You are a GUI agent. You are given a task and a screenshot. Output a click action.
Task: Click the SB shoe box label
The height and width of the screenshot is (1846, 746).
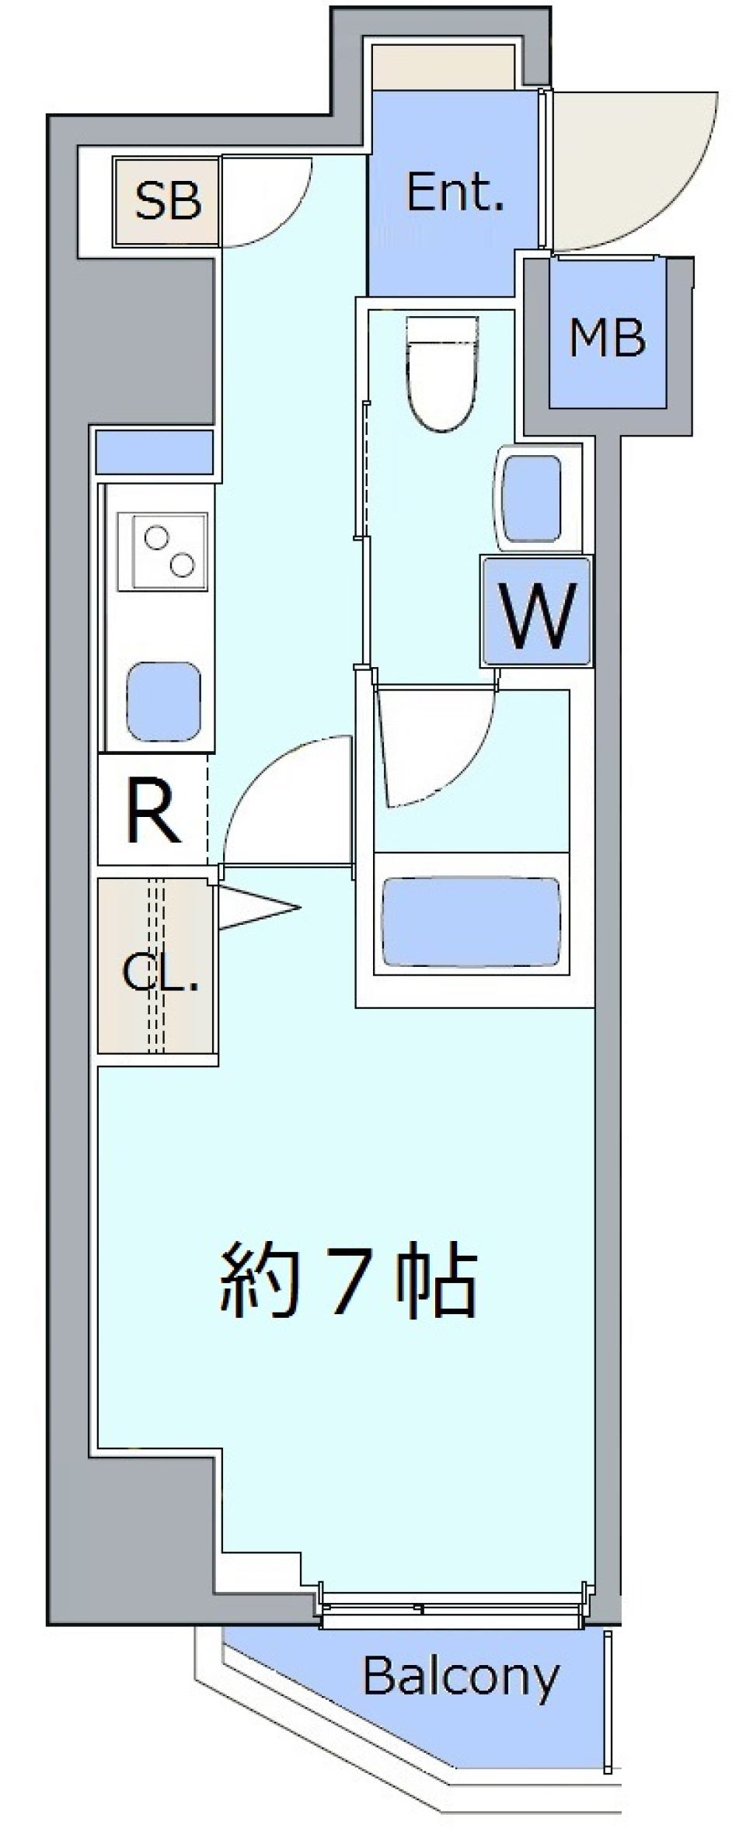(x=168, y=201)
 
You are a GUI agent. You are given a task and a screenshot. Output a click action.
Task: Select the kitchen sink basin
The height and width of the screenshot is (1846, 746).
(x=164, y=701)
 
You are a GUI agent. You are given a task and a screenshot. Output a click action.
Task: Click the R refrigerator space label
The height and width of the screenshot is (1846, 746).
(x=153, y=815)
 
